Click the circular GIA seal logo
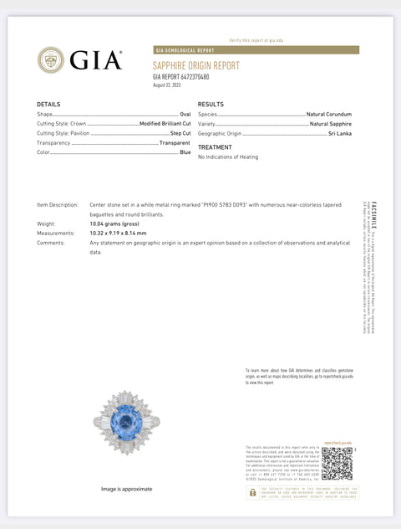(x=51, y=59)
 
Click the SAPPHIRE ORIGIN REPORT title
(x=195, y=65)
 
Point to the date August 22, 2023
(x=167, y=85)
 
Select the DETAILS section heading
(x=48, y=105)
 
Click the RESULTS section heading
(x=211, y=105)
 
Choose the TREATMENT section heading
(x=215, y=147)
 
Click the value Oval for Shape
(x=185, y=114)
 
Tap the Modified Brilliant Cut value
(x=165, y=123)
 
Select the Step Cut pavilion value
(x=180, y=133)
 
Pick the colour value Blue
(x=185, y=152)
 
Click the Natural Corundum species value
(x=328, y=114)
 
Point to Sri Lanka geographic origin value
(x=340, y=133)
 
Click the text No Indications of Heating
(x=228, y=157)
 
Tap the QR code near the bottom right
(x=337, y=463)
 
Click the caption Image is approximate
(x=127, y=489)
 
